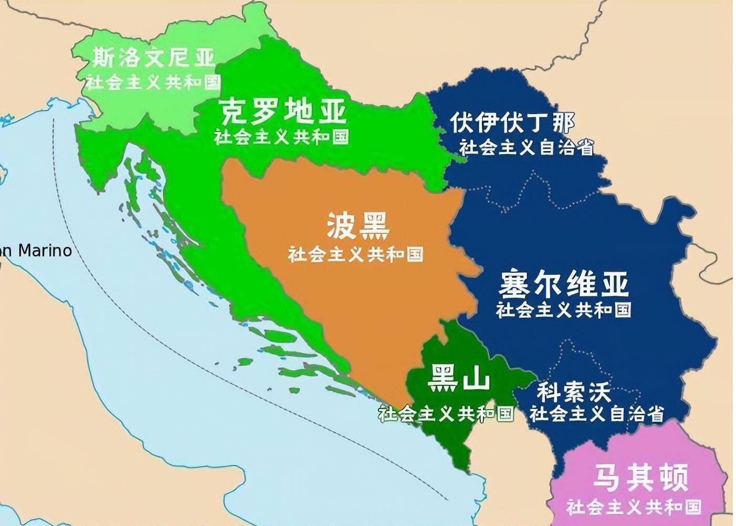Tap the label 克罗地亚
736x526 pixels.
(283, 111)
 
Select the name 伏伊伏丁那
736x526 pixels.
(512, 123)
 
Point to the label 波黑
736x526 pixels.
(359, 226)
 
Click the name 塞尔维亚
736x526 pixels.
(563, 284)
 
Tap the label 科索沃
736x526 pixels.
(573, 392)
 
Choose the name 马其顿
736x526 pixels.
(640, 477)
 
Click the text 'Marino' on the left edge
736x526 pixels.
(45, 250)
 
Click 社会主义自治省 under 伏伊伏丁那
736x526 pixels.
(527, 148)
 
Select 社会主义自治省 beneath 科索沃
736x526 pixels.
(596, 414)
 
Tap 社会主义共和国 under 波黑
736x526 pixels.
(355, 254)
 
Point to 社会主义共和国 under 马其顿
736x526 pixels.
(634, 507)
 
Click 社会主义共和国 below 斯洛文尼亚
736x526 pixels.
(153, 82)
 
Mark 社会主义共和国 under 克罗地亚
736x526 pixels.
(281, 137)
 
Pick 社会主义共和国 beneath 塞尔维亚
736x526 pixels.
(563, 309)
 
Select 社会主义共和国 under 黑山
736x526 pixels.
(446, 414)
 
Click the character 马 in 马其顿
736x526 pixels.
(606, 477)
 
